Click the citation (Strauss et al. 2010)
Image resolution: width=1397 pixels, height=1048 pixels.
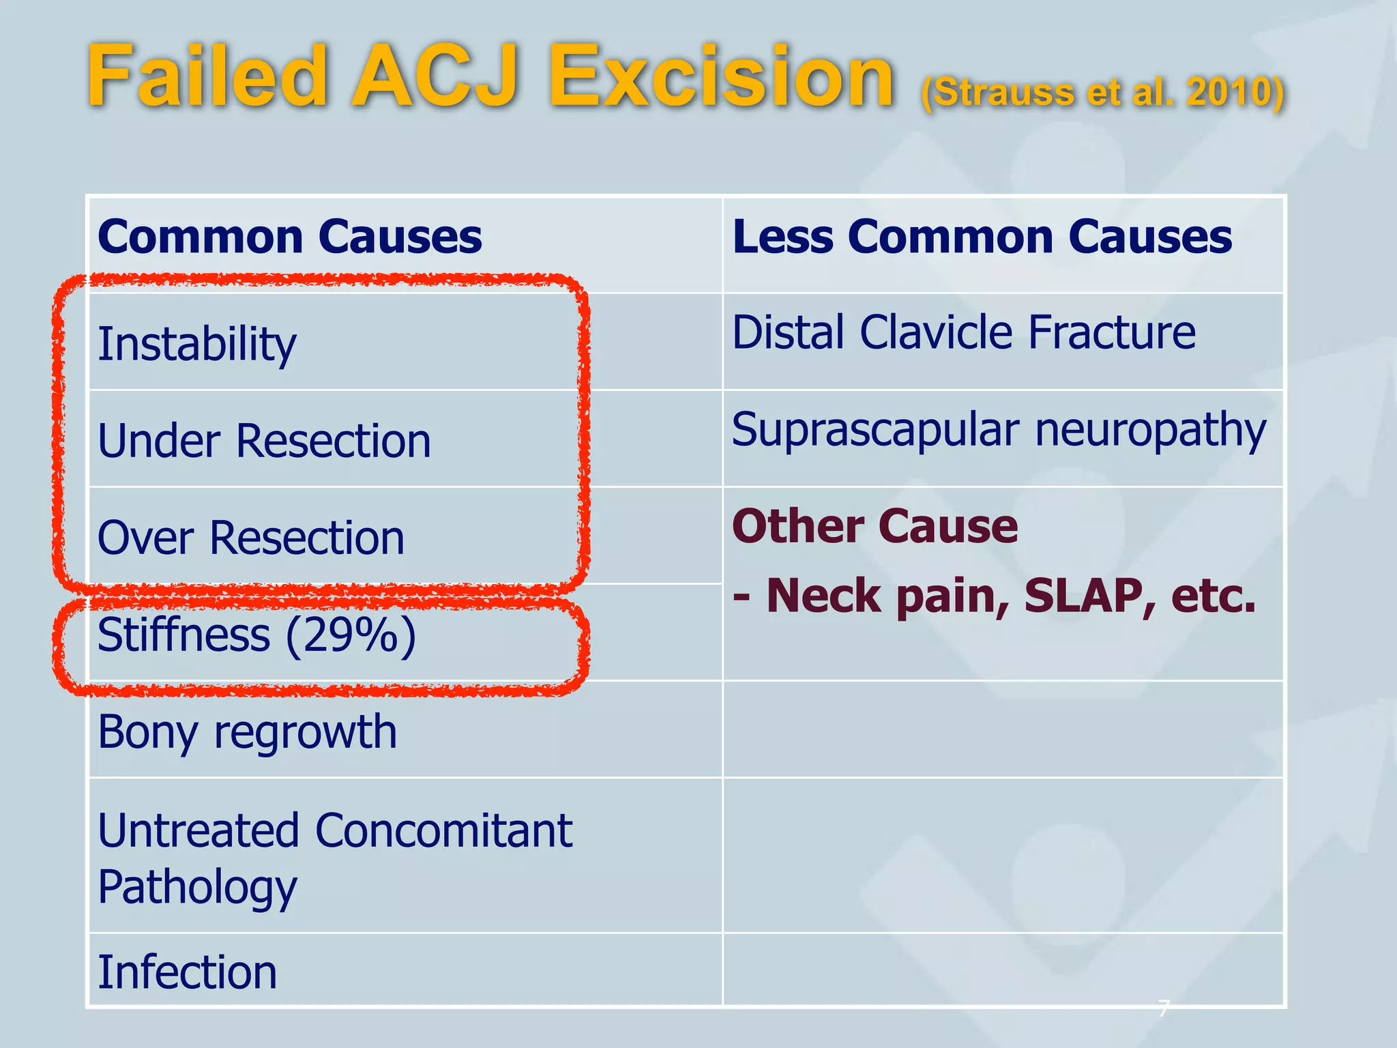point(1102,92)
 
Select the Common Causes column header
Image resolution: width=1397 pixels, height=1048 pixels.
point(290,237)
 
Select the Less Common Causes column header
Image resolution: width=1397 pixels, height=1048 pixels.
point(982,237)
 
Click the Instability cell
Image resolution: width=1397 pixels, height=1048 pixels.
point(197,344)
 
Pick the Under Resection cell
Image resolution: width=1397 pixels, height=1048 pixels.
point(265,441)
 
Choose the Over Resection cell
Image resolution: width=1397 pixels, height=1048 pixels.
point(251,538)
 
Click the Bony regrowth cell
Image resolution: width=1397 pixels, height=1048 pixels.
point(247,732)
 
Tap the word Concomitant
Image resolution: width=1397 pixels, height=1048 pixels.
point(443,831)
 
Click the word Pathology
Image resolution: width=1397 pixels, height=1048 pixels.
point(197,887)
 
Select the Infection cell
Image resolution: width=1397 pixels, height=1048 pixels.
point(188,972)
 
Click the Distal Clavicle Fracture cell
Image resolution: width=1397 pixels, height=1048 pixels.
point(963,333)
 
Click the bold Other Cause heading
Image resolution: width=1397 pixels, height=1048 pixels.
point(875,527)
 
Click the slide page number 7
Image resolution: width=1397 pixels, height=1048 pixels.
point(1164,1007)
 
